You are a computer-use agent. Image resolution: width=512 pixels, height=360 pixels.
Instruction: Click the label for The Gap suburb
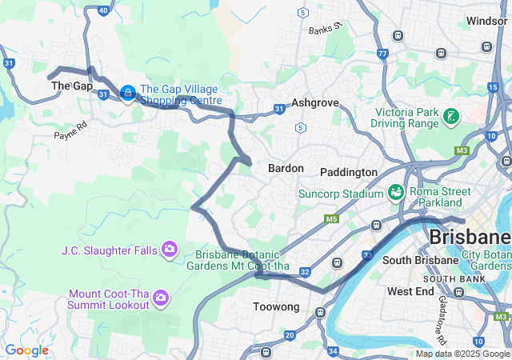tap(72, 86)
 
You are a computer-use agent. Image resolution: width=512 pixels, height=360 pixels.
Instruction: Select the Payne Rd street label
tap(70, 135)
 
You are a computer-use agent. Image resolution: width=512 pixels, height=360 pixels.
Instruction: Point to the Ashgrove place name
tap(315, 103)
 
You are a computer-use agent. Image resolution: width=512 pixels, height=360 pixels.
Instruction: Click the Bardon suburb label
tap(286, 169)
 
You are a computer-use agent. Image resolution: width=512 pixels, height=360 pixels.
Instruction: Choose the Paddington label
tap(348, 172)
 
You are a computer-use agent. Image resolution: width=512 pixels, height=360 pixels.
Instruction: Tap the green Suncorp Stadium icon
tap(395, 192)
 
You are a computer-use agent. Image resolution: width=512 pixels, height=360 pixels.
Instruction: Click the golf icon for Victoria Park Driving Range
tap(451, 116)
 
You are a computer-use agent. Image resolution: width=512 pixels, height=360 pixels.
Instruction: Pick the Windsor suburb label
tap(487, 21)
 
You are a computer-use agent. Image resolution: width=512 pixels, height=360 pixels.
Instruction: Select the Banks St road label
tap(326, 30)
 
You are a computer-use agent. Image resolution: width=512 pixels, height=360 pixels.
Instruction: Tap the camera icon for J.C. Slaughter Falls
tap(169, 250)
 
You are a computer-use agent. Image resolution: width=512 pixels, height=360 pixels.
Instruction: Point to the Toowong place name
tap(275, 306)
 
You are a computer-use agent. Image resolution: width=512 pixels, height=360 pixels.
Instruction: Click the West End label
tap(410, 292)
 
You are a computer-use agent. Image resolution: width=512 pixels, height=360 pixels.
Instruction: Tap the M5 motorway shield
tap(331, 218)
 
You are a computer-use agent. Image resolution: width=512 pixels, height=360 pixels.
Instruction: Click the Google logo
tap(26, 350)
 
